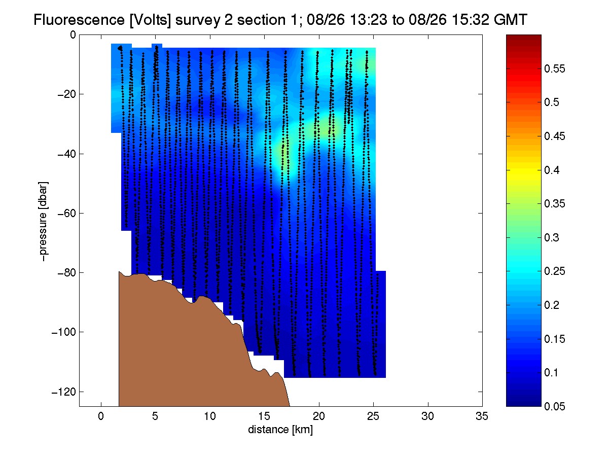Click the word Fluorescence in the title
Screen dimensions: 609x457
click(79, 20)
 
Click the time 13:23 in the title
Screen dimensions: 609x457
click(368, 20)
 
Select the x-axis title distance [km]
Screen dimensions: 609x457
click(280, 430)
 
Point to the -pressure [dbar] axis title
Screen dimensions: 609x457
click(43, 221)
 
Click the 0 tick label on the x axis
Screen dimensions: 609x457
click(101, 416)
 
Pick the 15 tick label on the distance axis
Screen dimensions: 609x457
click(264, 416)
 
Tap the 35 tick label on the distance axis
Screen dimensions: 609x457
click(482, 416)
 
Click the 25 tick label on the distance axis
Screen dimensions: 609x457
click(373, 416)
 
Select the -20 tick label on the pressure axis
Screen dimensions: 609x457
click(66, 94)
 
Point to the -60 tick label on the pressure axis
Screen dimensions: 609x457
click(66, 213)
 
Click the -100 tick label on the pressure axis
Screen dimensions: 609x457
click(63, 332)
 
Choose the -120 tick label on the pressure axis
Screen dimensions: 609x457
click(63, 392)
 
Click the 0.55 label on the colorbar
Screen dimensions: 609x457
click(555, 69)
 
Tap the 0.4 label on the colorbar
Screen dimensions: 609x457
click(552, 170)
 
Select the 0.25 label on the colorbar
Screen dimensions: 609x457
click(555, 271)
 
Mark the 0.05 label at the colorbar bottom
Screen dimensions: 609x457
click(555, 406)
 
